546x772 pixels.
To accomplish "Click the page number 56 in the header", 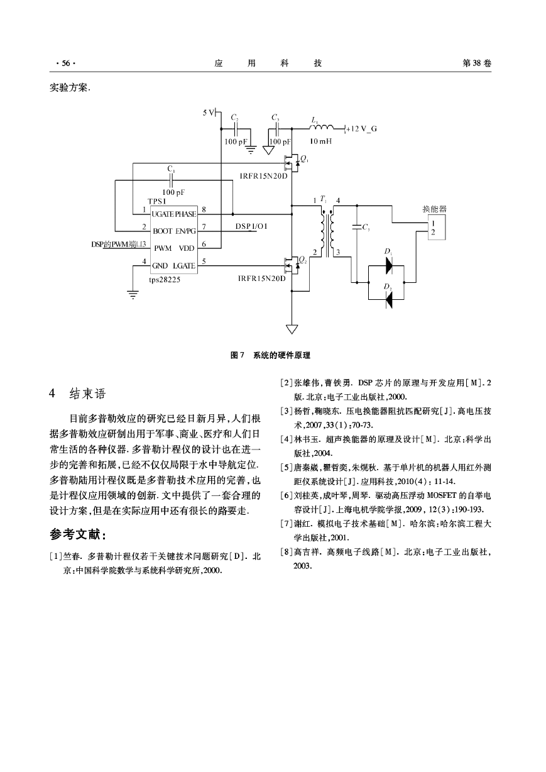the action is tap(66, 63).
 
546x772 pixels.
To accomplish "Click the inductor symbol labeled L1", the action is tap(322, 128).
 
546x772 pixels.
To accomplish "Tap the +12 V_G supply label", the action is tap(361, 129).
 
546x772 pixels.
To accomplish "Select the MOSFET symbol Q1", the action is tap(292, 163).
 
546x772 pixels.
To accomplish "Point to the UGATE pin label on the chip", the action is tap(163, 214).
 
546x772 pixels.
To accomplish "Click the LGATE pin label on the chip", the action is tap(184, 266).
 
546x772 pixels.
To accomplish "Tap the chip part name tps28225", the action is tap(165, 280).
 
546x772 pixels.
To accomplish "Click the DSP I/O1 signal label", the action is tap(251, 226).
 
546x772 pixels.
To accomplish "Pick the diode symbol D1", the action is tap(389, 266).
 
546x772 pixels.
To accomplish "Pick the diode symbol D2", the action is tap(389, 300).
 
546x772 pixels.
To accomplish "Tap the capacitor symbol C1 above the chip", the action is tap(171, 180).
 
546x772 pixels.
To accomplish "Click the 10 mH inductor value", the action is tap(320, 141).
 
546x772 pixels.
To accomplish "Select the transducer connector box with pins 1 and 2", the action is tap(437, 227).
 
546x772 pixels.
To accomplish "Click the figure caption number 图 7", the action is tap(237, 355).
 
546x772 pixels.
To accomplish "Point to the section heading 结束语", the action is tap(87, 394).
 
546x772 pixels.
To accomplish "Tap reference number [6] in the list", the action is tap(287, 495).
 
